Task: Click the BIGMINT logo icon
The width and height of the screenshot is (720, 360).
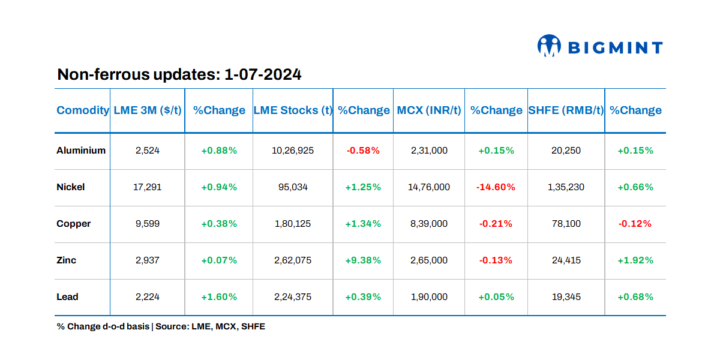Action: (x=549, y=46)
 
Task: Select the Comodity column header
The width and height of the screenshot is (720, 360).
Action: (x=83, y=110)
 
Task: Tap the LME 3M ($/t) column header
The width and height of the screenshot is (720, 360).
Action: (x=147, y=110)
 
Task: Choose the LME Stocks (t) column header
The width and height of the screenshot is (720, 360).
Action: (x=293, y=110)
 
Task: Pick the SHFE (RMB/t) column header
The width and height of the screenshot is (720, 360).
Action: (x=566, y=110)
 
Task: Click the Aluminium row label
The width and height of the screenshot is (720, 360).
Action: (x=81, y=151)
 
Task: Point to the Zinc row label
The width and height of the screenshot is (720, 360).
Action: (x=67, y=260)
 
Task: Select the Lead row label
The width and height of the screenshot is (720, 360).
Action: (x=68, y=297)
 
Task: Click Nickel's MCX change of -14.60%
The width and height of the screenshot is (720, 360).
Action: (x=496, y=187)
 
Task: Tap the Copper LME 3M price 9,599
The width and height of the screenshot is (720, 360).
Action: (x=147, y=224)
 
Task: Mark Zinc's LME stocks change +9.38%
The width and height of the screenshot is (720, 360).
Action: (x=363, y=260)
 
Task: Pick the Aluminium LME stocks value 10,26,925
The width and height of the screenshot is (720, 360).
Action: (x=293, y=151)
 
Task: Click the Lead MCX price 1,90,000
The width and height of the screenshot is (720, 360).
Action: (x=429, y=297)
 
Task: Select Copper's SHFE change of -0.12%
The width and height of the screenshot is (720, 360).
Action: (x=635, y=224)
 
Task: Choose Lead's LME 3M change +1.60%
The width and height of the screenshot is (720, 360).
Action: (x=219, y=297)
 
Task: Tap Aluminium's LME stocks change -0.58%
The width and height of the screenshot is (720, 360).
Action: (x=363, y=151)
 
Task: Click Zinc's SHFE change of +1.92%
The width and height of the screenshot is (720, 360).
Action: (x=635, y=260)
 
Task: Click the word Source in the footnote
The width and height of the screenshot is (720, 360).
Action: (x=171, y=327)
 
